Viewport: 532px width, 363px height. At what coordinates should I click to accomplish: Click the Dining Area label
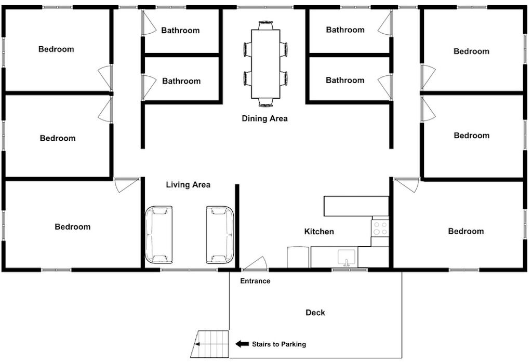click(x=264, y=118)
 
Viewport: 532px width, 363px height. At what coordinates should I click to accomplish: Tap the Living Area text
click(x=188, y=184)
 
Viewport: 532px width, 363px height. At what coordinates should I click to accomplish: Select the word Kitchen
click(x=319, y=232)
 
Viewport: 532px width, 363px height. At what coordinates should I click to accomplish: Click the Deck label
click(x=315, y=313)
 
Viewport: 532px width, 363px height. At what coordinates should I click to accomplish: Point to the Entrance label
click(x=255, y=281)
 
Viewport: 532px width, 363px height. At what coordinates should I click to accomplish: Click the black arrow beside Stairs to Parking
click(x=242, y=344)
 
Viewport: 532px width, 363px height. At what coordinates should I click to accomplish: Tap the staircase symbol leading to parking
click(x=210, y=344)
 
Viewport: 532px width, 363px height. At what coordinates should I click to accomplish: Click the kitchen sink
click(x=347, y=258)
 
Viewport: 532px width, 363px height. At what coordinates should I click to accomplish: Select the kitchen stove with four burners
click(x=380, y=228)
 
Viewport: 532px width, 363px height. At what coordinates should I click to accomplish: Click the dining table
click(x=265, y=64)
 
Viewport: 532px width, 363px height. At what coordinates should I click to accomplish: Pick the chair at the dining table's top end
click(x=265, y=25)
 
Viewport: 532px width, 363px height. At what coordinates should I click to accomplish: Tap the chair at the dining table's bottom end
click(x=265, y=102)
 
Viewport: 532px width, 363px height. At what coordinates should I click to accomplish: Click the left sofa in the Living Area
click(x=159, y=234)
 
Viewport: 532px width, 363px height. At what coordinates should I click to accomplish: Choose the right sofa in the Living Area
click(x=220, y=234)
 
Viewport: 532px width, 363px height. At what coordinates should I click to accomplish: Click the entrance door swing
click(x=255, y=263)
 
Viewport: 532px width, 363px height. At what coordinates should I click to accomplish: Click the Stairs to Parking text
click(x=279, y=344)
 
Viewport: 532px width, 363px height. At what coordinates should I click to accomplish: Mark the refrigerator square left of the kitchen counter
click(x=298, y=258)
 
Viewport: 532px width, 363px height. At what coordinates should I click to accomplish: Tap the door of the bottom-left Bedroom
click(x=126, y=185)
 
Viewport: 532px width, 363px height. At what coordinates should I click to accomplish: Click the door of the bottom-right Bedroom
click(x=406, y=185)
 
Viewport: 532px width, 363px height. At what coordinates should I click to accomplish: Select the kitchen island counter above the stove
click(x=356, y=206)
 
